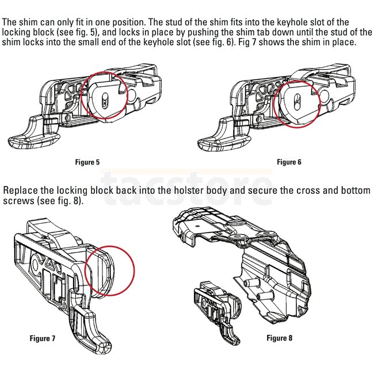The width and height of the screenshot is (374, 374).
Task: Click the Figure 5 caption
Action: (87, 162)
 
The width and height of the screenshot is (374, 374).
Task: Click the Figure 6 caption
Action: (289, 162)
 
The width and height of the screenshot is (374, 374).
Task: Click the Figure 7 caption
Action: (43, 338)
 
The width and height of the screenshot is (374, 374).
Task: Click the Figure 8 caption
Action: (279, 338)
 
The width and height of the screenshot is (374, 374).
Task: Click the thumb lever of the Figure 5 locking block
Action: (26, 132)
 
